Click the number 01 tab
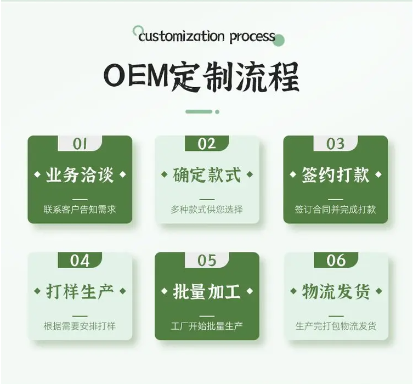coord(80,143)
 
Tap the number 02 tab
coord(207,143)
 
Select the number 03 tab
coord(335,143)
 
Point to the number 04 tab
coord(80,260)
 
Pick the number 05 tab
coord(207,260)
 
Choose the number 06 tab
coord(335,260)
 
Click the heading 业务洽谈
coord(80,175)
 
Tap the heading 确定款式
coord(207,175)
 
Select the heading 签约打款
coord(335,175)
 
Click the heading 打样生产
coord(80,291)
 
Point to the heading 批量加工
coord(207,291)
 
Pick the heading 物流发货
coord(335,291)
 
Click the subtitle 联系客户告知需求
coord(80,210)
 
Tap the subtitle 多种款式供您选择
coord(207,210)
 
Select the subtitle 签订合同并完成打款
coord(335,210)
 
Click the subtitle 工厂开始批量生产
coord(207,326)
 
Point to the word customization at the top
coord(182,37)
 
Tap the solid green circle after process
coord(279,39)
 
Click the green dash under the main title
coord(199,111)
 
